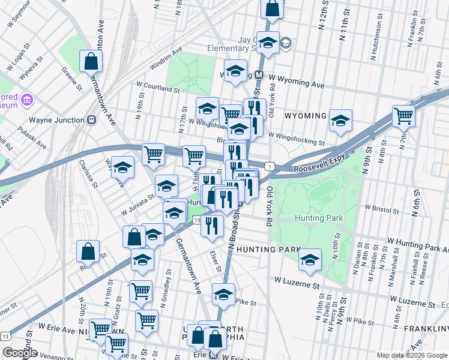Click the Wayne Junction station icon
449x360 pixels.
click(x=92, y=119)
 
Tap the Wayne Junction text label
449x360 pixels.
click(x=56, y=120)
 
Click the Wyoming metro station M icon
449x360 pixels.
click(x=259, y=75)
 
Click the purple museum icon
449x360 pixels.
click(x=26, y=98)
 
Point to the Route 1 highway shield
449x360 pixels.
click(x=272, y=166)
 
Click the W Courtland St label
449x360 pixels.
click(x=158, y=88)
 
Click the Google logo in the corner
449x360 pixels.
click(x=20, y=353)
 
